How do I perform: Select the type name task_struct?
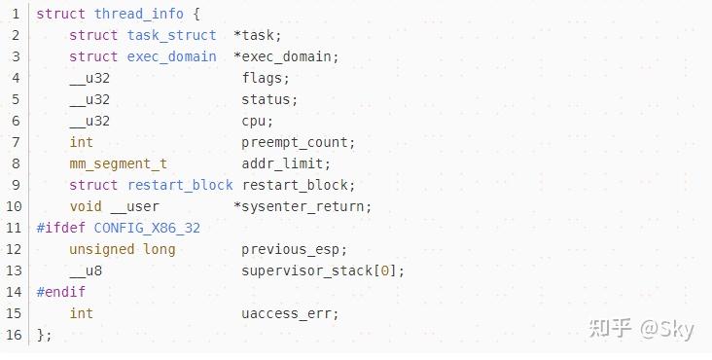tap(172, 35)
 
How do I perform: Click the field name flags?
tap(266, 78)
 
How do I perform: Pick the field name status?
tap(269, 99)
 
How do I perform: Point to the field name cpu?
tap(258, 121)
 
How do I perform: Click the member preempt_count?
tap(299, 142)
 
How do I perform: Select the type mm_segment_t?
tap(118, 163)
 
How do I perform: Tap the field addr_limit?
tap(286, 163)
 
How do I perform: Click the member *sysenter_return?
tap(303, 206)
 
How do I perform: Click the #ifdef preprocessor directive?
tap(60, 228)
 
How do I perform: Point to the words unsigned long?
tap(123, 249)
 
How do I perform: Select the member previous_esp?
tap(294, 249)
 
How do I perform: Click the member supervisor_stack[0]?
tap(323, 270)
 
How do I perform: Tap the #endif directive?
tap(60, 292)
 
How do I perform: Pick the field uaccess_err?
tap(290, 313)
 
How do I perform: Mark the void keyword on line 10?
tap(86, 206)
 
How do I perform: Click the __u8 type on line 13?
tap(86, 270)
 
